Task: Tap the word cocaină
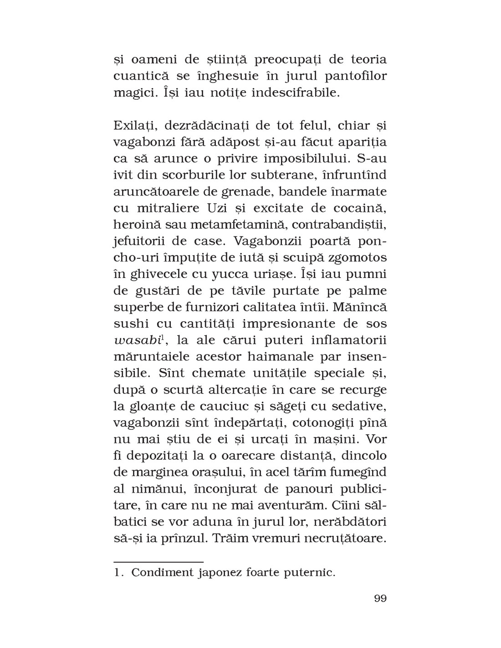click(x=360, y=208)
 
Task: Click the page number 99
click(x=380, y=598)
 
